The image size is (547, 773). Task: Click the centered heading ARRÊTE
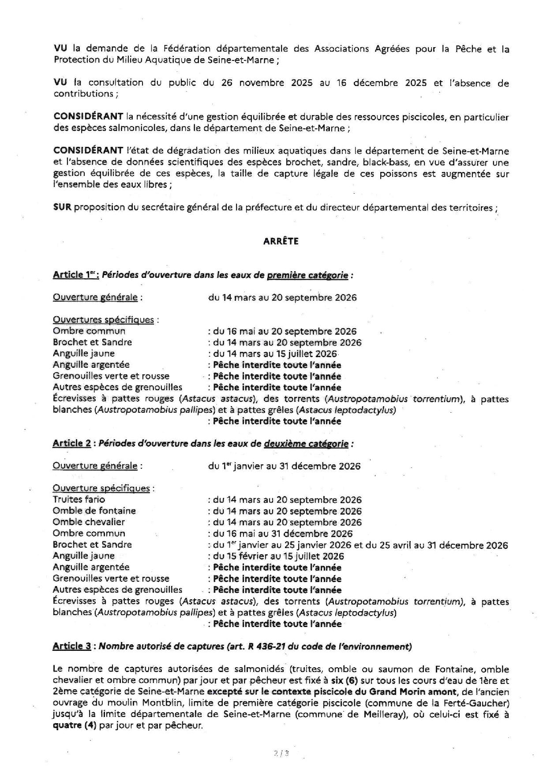(x=281, y=241)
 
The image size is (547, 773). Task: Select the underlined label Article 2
(x=71, y=444)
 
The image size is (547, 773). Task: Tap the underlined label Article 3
(x=71, y=646)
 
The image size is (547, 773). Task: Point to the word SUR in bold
(x=62, y=207)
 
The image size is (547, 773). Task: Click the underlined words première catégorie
(x=307, y=275)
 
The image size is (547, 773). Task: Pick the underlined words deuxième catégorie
(x=306, y=444)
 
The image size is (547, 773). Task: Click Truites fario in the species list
(x=79, y=499)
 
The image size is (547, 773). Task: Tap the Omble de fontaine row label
(x=94, y=511)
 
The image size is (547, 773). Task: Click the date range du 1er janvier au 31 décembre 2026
(x=285, y=466)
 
